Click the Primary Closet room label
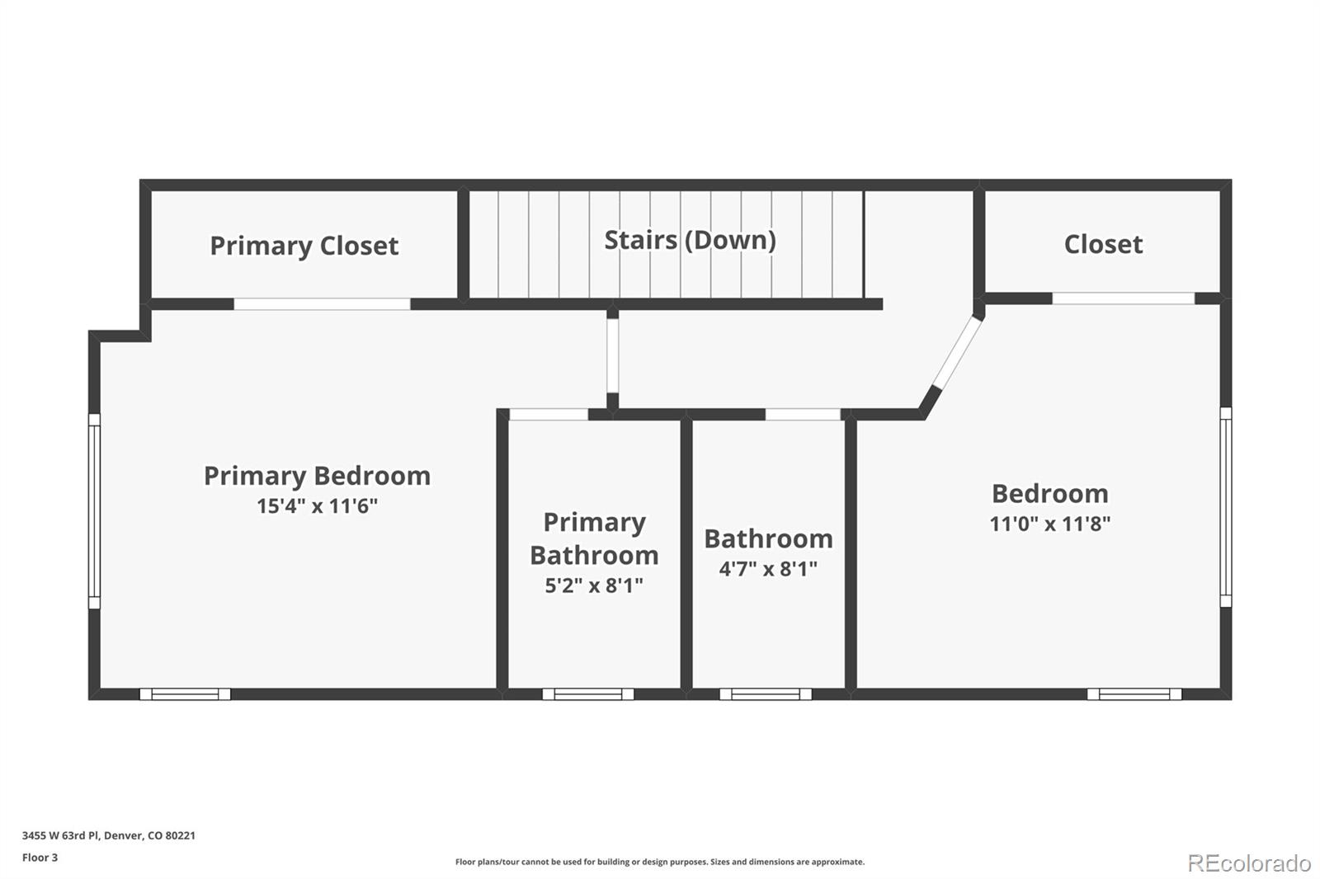(x=304, y=246)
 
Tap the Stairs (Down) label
(x=690, y=240)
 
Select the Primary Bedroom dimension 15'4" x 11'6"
(x=317, y=505)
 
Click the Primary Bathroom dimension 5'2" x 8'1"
(x=594, y=585)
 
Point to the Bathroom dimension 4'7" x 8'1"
(x=768, y=569)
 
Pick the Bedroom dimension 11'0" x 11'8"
(x=1049, y=524)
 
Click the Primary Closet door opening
(x=322, y=304)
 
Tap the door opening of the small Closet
(x=1123, y=298)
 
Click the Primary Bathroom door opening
(x=549, y=414)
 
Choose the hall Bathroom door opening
(x=803, y=414)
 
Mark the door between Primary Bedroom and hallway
(x=612, y=355)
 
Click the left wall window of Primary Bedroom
(x=94, y=511)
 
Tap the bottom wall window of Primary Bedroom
(x=185, y=694)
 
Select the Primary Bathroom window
(x=587, y=694)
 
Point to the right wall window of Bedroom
(x=1226, y=506)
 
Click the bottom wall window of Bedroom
(x=1134, y=694)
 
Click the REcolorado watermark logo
(x=1249, y=863)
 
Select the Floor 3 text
(x=40, y=858)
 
